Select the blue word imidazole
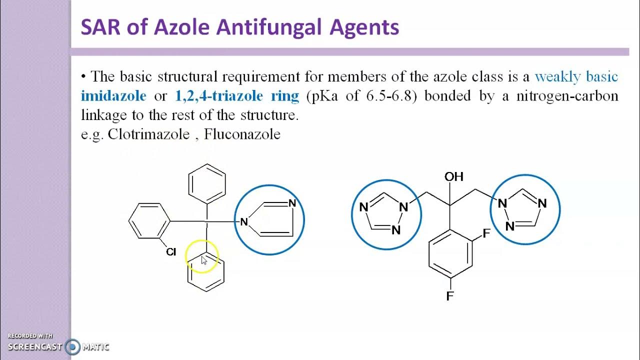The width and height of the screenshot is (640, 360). pos(113,95)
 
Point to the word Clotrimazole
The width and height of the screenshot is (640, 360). pos(148,134)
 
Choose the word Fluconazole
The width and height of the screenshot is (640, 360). pos(242,134)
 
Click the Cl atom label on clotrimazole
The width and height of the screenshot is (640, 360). pos(171,252)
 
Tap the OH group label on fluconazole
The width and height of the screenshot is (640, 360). pos(454,176)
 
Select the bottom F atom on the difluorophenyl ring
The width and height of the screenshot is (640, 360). pos(450,296)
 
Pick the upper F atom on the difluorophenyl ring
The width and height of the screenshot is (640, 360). pos(486,234)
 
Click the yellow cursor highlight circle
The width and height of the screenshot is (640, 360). pos(202,257)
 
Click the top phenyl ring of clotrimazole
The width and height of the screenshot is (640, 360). pos(207,183)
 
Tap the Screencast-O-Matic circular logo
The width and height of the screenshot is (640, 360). pos(73,347)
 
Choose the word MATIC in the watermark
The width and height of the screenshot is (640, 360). pos(95,347)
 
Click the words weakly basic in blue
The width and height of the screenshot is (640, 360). pos(576,76)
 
